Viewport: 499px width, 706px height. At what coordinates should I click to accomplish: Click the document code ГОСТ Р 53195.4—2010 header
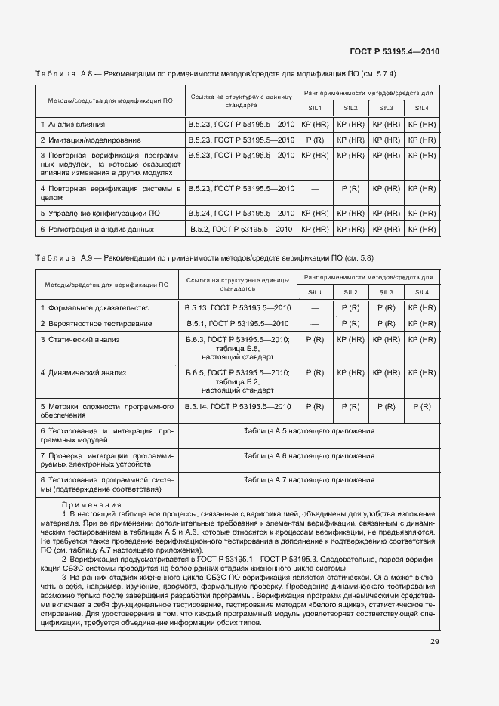(x=394, y=51)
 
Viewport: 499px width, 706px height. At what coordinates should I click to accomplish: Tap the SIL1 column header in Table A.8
(x=314, y=108)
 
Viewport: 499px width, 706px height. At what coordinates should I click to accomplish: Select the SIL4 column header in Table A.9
(x=421, y=292)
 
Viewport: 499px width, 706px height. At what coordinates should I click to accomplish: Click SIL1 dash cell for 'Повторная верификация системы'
(x=314, y=188)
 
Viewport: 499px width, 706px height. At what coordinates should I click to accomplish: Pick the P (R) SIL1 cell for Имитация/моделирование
(x=314, y=140)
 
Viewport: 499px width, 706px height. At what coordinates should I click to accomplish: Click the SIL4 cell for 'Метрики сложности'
(x=421, y=407)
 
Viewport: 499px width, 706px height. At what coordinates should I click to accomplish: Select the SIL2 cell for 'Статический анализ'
(x=350, y=340)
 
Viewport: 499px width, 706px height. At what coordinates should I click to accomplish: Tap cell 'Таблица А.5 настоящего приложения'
(x=309, y=430)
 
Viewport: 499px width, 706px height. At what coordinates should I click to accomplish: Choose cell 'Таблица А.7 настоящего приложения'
(x=309, y=480)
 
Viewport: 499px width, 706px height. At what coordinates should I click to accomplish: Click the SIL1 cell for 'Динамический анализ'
(x=314, y=373)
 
